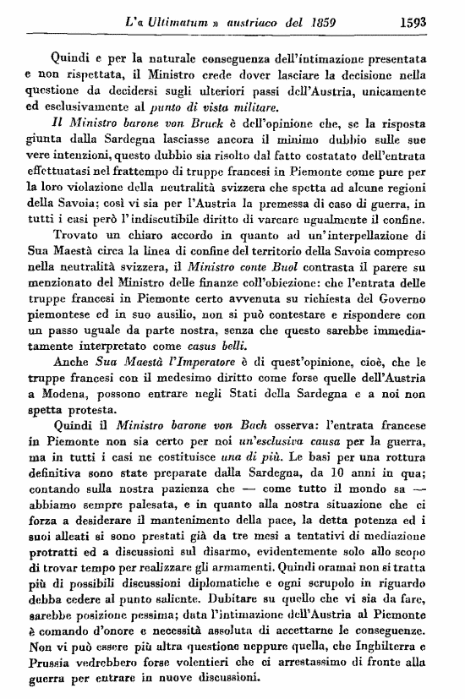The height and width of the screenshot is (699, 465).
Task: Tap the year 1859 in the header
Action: [x=317, y=15]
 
